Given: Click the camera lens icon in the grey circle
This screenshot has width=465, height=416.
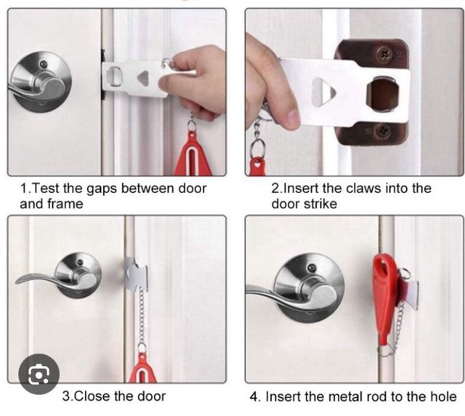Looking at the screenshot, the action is pyautogui.click(x=39, y=374).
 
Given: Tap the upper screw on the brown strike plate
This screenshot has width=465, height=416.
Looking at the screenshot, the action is pyautogui.click(x=384, y=54).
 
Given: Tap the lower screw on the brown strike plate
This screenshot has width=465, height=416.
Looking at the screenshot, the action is pyautogui.click(x=383, y=131).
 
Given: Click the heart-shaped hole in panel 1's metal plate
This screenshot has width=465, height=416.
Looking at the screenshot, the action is pyautogui.click(x=144, y=78).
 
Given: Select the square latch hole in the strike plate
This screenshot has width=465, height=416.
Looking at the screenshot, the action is pyautogui.click(x=382, y=94).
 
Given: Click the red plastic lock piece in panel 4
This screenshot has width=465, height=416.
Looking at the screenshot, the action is pyautogui.click(x=384, y=298).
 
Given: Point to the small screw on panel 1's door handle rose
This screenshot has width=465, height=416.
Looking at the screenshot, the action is pyautogui.click(x=44, y=64).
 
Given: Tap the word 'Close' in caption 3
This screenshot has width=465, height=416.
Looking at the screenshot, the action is pyautogui.click(x=90, y=396).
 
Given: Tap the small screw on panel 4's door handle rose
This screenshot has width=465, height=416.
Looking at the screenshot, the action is pyautogui.click(x=312, y=268).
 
